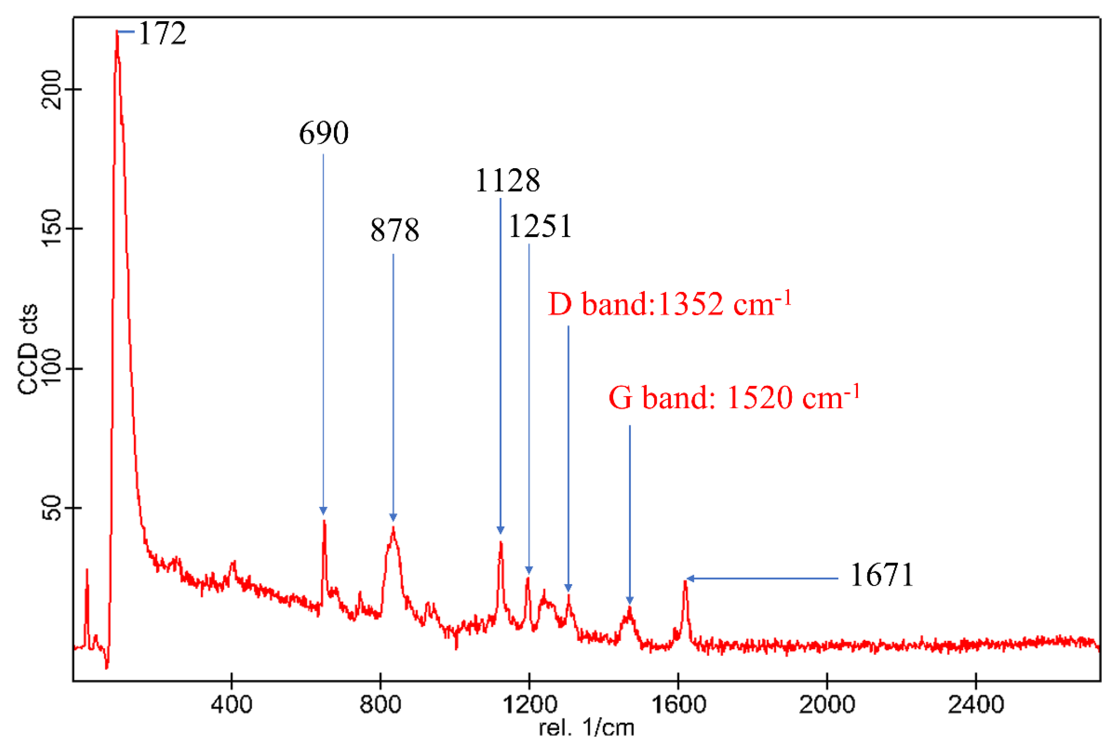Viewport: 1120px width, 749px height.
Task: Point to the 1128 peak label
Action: (507, 180)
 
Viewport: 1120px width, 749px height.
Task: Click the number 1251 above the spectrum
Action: (540, 226)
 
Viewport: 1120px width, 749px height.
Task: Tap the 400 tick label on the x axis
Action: (231, 705)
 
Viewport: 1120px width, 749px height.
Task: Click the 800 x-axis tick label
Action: (380, 705)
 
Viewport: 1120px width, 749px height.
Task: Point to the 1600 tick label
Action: (678, 705)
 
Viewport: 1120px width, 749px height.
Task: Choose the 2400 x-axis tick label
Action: (976, 705)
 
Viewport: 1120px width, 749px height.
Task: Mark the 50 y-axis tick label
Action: (51, 508)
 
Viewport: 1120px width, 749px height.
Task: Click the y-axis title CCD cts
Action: (28, 349)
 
